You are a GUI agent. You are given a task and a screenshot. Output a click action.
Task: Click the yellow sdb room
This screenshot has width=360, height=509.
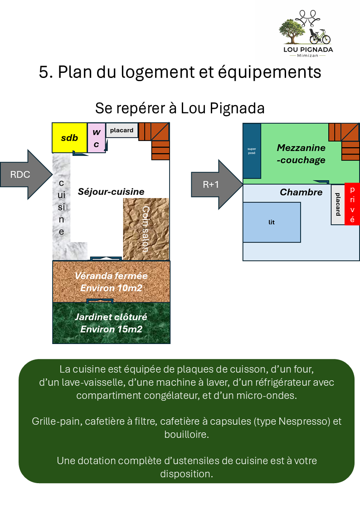pyautogui.click(x=69, y=138)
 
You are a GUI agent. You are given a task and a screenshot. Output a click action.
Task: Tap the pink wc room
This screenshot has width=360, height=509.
pyautogui.click(x=97, y=138)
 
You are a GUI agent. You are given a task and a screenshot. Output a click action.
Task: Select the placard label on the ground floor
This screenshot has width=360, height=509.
pyautogui.click(x=122, y=130)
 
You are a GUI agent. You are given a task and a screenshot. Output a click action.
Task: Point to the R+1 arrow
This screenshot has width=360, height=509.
pyautogui.click(x=217, y=184)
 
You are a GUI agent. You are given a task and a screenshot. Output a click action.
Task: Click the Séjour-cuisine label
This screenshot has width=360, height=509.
pyautogui.click(x=111, y=192)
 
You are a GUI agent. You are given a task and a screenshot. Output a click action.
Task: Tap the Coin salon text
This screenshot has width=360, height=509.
pyautogui.click(x=146, y=229)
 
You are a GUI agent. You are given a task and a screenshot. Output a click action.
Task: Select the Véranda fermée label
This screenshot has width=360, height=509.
pyautogui.click(x=111, y=276)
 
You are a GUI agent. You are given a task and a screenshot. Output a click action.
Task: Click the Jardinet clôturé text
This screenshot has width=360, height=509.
pyautogui.click(x=111, y=317)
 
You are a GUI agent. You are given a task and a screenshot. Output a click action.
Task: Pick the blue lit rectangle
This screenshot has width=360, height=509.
pyautogui.click(x=272, y=223)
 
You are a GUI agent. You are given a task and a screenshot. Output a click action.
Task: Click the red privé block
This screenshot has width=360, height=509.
pyautogui.click(x=352, y=204)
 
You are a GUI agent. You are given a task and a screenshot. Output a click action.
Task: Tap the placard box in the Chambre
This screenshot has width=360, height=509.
pyautogui.click(x=338, y=204)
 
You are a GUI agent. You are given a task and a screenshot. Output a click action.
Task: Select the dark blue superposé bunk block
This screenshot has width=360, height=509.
pyautogui.click(x=252, y=151)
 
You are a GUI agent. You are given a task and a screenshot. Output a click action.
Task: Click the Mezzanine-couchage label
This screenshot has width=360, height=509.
pyautogui.click(x=301, y=154)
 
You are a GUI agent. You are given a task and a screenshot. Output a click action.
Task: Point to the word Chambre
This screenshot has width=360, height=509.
pyautogui.click(x=301, y=192)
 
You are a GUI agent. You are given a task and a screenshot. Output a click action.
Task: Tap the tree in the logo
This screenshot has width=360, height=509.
pyautogui.click(x=292, y=31)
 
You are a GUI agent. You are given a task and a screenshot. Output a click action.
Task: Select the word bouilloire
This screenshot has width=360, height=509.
pyautogui.click(x=187, y=434)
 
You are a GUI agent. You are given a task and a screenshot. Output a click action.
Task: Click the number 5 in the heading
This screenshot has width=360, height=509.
pyautogui.click(x=44, y=72)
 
